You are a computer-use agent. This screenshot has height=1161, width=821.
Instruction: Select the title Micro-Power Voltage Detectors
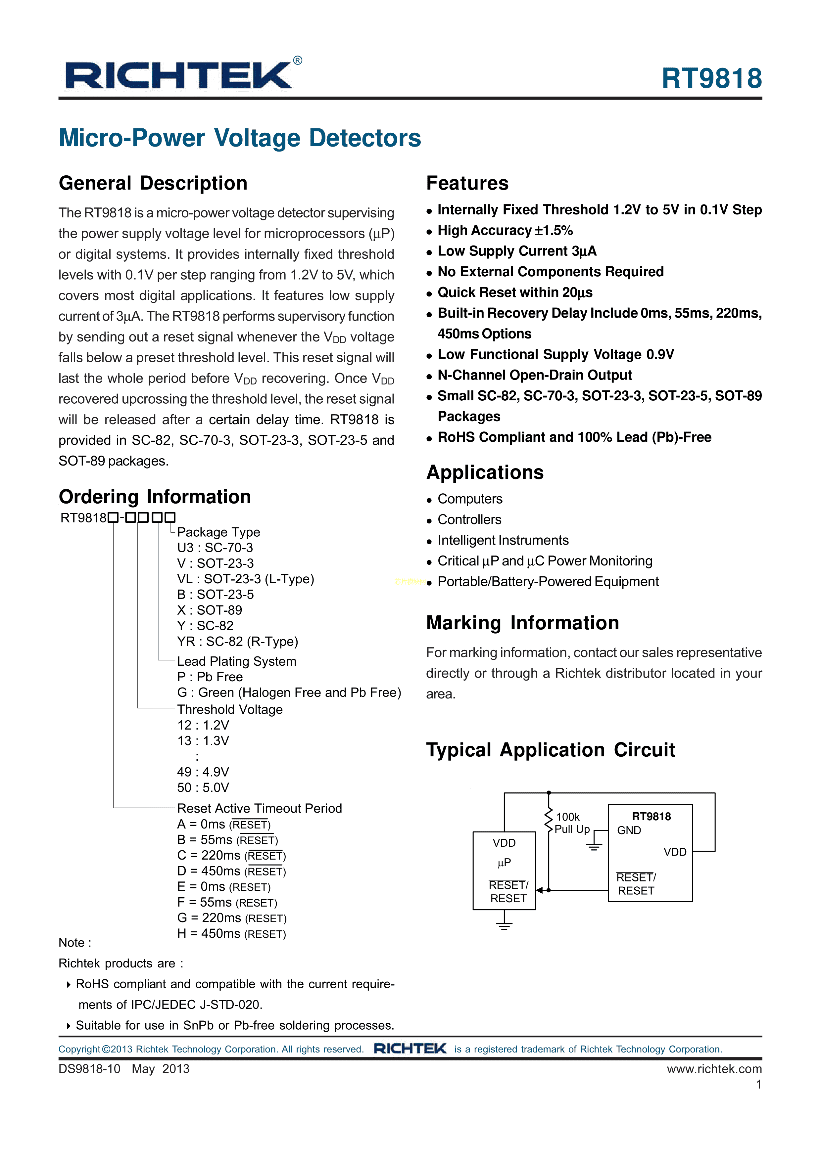[x=240, y=138]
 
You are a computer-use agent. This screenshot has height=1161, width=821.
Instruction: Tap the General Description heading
[x=153, y=183]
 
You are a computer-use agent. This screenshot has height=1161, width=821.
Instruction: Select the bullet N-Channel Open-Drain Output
[x=534, y=375]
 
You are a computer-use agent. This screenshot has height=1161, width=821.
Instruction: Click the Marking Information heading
[x=522, y=623]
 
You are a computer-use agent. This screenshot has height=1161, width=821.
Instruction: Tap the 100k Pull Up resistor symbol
[x=548, y=822]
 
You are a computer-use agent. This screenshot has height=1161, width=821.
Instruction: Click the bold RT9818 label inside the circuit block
[x=651, y=816]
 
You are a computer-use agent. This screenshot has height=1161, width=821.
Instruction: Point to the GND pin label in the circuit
[x=629, y=830]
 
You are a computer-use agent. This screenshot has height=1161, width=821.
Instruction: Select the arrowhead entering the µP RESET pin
[x=540, y=890]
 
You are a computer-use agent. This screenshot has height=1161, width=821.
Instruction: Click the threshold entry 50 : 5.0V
[x=203, y=787]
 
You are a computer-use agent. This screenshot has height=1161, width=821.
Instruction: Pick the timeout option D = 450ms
[x=231, y=871]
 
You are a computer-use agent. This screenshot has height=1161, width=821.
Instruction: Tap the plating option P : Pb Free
[x=210, y=677]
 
